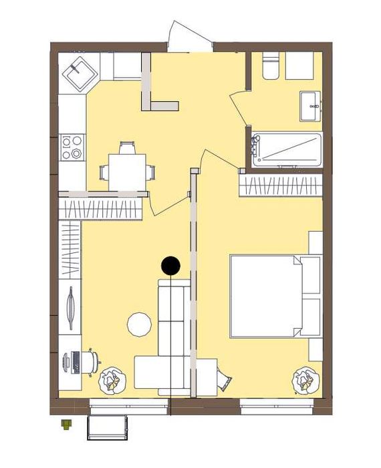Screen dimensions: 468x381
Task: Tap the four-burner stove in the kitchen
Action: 72,147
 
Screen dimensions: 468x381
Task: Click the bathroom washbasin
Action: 311,106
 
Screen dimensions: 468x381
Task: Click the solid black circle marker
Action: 170,266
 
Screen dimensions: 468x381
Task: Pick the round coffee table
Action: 140,325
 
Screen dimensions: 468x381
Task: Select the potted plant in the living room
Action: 111,381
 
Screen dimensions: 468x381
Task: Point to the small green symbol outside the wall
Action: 66,423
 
